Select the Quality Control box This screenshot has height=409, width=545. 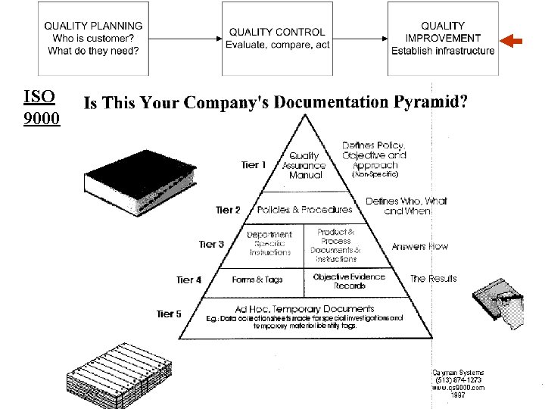(277, 38)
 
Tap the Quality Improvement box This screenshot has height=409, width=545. (443, 38)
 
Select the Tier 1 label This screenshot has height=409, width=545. (254, 164)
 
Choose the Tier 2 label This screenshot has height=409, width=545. (228, 210)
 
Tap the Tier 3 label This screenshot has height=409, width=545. (211, 244)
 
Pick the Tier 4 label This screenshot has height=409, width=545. (188, 279)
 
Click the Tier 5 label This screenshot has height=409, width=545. (169, 314)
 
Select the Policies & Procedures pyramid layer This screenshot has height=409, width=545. (304, 210)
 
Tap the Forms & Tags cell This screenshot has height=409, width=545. (257, 279)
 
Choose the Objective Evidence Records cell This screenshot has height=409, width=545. (349, 280)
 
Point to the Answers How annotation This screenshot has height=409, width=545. (419, 246)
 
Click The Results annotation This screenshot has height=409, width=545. (433, 279)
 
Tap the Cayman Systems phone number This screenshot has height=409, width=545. (457, 379)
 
